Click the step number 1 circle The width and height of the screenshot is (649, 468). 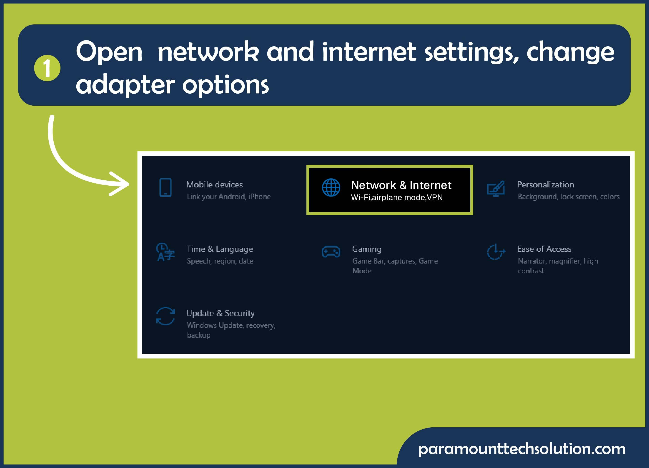[x=47, y=68]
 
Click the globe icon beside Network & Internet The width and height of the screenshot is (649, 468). [x=331, y=188]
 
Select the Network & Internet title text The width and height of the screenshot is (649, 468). [x=401, y=185]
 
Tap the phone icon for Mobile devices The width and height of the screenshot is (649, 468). [x=165, y=188]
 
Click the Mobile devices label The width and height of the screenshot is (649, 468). [x=215, y=184]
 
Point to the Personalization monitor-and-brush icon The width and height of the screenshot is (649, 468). [x=496, y=189]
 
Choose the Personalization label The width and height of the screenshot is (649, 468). [x=545, y=184]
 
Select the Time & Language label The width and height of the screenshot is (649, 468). [x=220, y=249]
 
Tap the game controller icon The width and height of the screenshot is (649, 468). [x=331, y=252]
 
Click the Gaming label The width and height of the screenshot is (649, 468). [x=367, y=249]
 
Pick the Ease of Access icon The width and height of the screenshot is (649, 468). [x=496, y=252]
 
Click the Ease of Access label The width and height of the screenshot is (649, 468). [x=544, y=249]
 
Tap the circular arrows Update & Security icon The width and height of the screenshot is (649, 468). [x=165, y=316]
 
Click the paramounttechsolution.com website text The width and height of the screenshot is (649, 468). [x=522, y=449]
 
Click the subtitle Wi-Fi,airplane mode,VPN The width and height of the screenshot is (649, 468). [x=397, y=197]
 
